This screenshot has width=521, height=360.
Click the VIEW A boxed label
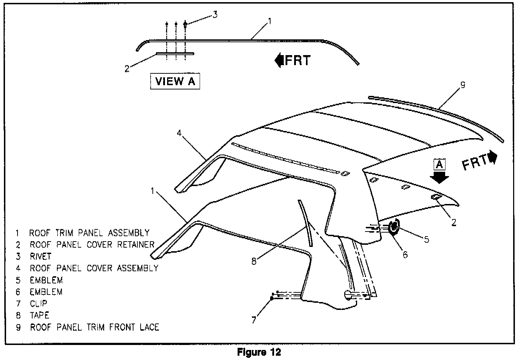click(x=175, y=81)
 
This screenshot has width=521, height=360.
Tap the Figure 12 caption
click(x=259, y=352)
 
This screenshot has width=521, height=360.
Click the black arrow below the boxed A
click(x=439, y=177)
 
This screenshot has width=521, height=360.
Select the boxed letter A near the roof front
click(x=439, y=165)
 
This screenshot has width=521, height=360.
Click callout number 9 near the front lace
click(x=463, y=85)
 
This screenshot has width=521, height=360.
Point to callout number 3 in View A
click(x=214, y=15)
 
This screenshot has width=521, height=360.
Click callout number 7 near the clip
click(x=254, y=320)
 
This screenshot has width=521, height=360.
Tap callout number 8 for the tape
click(x=254, y=262)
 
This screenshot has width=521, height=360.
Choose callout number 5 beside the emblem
click(x=427, y=239)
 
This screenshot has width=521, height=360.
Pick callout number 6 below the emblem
click(x=405, y=254)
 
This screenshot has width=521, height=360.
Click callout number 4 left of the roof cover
click(x=179, y=133)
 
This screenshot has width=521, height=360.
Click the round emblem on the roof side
click(x=394, y=227)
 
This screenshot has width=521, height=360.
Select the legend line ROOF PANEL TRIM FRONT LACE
click(x=94, y=327)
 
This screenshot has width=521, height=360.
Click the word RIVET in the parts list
click(x=40, y=256)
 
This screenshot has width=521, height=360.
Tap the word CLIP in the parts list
click(x=39, y=303)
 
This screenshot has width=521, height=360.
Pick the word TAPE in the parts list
click(x=39, y=315)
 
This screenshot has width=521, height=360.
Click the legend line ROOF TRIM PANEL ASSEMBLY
click(x=89, y=233)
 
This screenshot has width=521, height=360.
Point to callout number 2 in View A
click(x=127, y=68)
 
